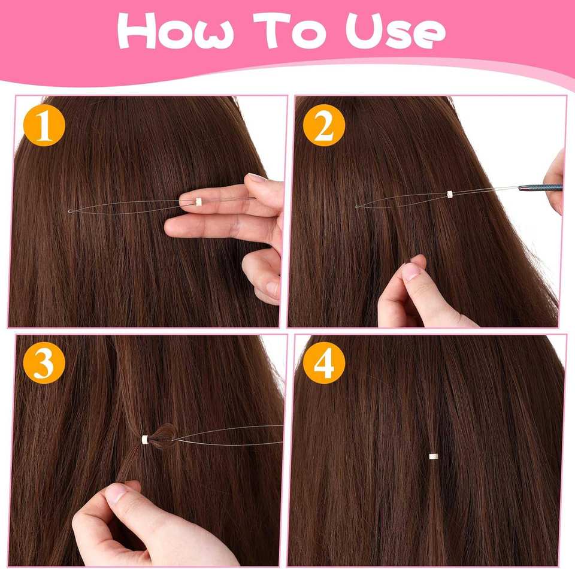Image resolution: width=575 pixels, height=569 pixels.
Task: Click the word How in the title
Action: click(175, 31)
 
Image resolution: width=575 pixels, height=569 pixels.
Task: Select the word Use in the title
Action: click(396, 31)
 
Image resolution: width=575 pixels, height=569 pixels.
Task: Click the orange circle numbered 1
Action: click(44, 125)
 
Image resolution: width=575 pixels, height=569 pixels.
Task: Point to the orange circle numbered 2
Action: click(324, 125)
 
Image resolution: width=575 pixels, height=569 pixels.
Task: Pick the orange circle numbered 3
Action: click(44, 362)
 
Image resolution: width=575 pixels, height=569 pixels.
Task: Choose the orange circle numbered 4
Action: click(324, 362)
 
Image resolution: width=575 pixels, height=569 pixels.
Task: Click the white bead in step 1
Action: click(199, 201)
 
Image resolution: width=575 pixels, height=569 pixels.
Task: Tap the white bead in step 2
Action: click(450, 194)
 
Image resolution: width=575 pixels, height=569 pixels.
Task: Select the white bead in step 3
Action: click(145, 440)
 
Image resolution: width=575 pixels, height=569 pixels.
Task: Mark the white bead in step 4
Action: click(434, 456)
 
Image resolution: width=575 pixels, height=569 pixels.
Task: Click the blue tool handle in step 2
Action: click(540, 187)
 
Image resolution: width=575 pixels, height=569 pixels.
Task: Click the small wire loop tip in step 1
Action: click(69, 211)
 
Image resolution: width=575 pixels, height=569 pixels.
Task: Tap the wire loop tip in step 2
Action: click(357, 207)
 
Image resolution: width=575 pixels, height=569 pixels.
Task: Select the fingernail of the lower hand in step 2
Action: click(411, 271)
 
